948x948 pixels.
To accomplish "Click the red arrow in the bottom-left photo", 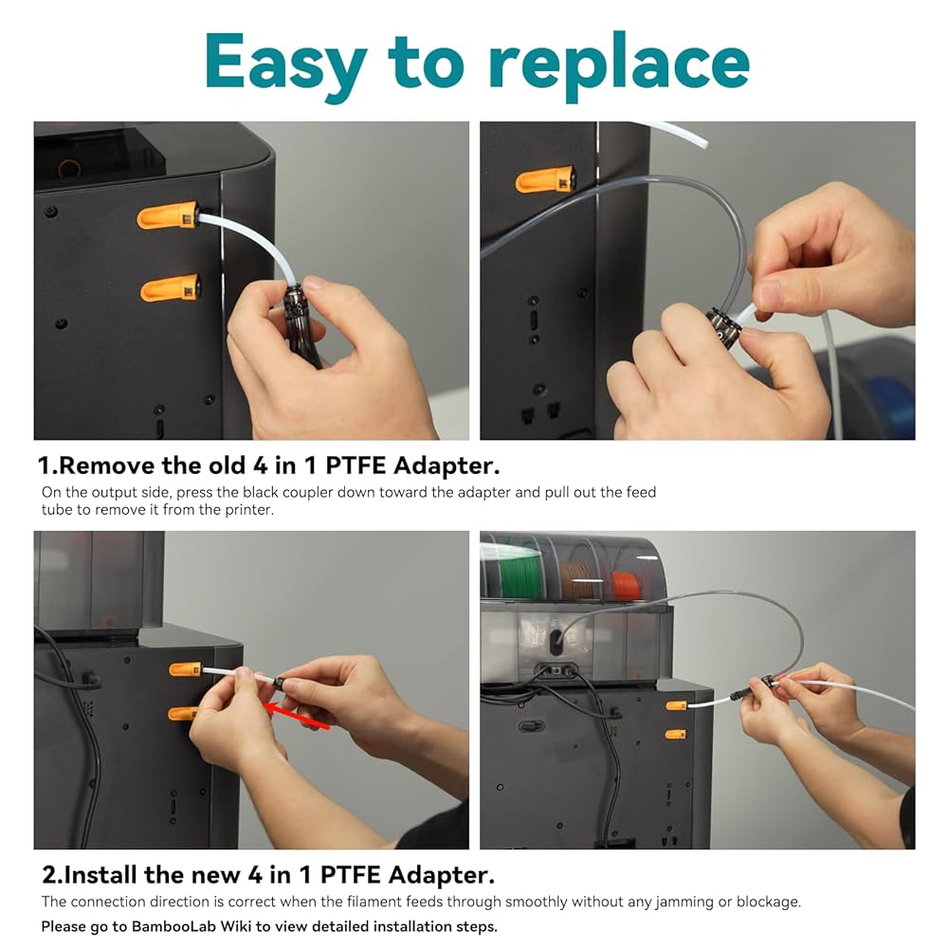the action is (x=298, y=715).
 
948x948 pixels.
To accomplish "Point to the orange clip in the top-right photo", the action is (x=545, y=178).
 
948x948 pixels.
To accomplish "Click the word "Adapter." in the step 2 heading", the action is (x=442, y=875).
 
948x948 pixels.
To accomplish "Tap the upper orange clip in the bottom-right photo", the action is (x=676, y=705).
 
